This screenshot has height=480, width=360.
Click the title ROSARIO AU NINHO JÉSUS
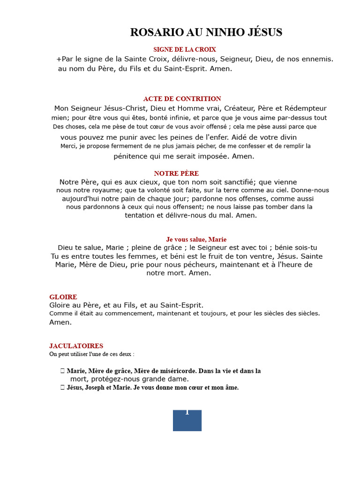pyautogui.click(x=206, y=32)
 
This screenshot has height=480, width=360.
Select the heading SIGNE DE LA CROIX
pyautogui.click(x=184, y=49)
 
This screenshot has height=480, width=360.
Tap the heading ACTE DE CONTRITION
pyautogui.click(x=182, y=99)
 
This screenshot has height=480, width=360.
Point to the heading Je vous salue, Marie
pyautogui.click(x=196, y=240)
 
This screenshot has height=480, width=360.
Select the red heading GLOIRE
pyautogui.click(x=63, y=297)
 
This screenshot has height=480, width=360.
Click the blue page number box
pyautogui.click(x=187, y=420)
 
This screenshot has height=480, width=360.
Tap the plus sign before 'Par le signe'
pyautogui.click(x=59, y=59)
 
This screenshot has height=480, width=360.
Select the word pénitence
pyautogui.click(x=129, y=157)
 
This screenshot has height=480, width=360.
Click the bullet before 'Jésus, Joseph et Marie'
pyautogui.click(x=62, y=388)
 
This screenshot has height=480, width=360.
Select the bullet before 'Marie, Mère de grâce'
pyautogui.click(x=62, y=371)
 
